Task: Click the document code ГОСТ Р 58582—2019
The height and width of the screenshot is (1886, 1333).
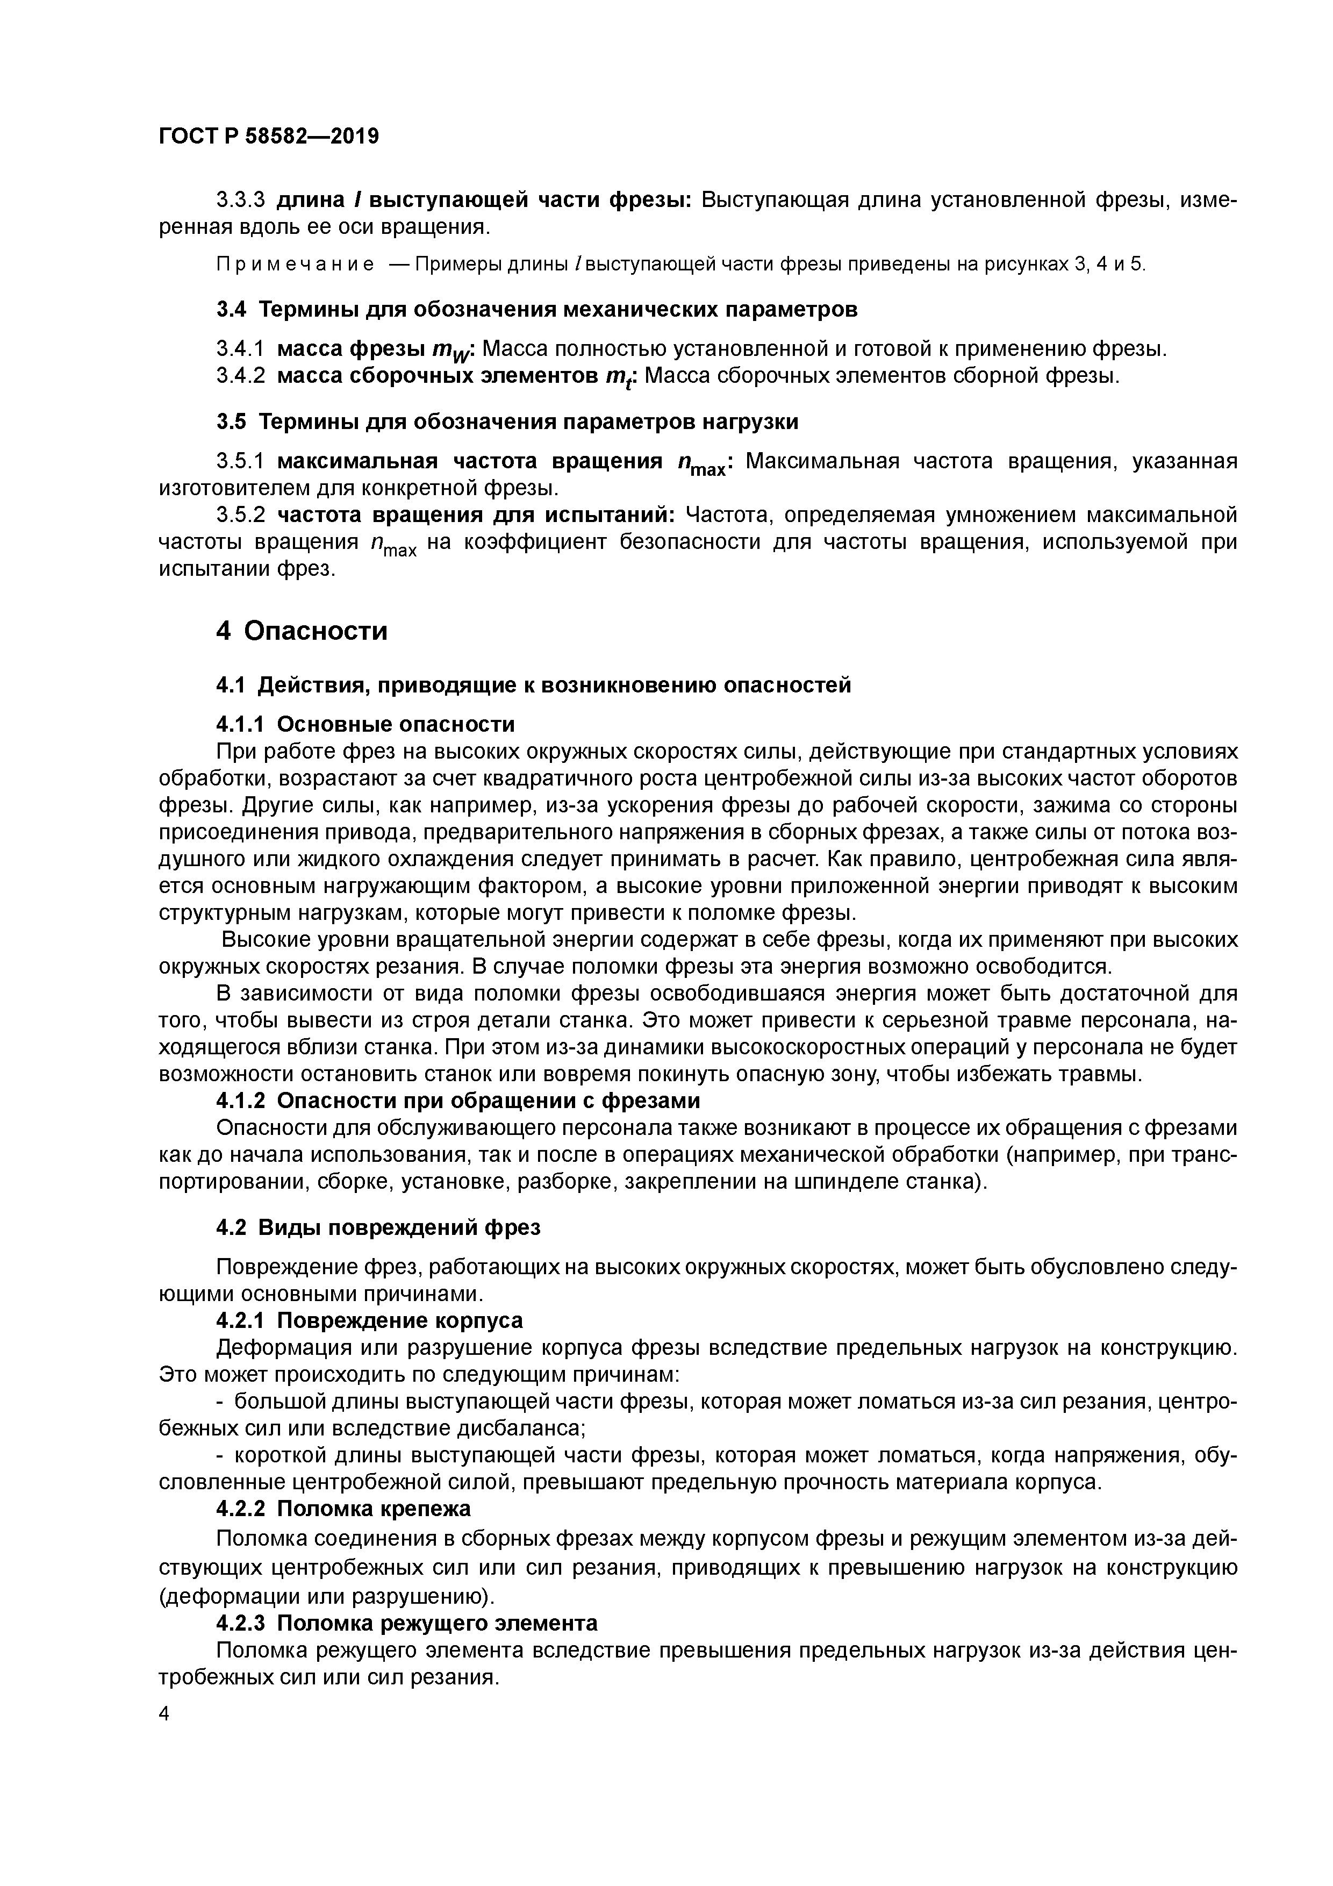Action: pyautogui.click(x=269, y=137)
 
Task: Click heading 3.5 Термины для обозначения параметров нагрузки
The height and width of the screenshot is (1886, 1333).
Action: pyautogui.click(x=507, y=422)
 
